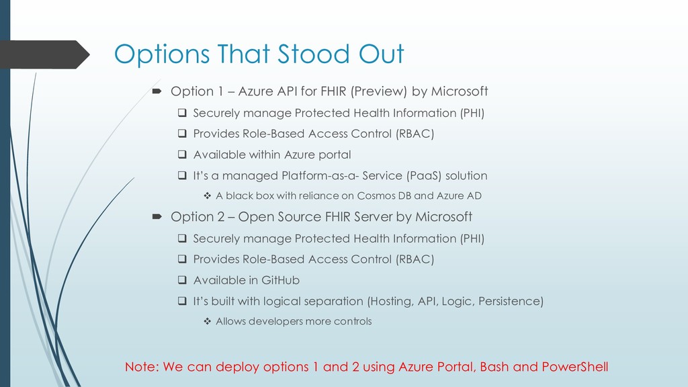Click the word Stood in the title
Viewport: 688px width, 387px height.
point(314,54)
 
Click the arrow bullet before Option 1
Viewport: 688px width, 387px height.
point(157,91)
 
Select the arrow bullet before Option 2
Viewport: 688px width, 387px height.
point(157,217)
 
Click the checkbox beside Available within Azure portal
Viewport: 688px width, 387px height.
point(182,155)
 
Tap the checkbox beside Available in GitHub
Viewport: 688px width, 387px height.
point(182,280)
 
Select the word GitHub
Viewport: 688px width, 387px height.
point(280,280)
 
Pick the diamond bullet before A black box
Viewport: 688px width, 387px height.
point(207,196)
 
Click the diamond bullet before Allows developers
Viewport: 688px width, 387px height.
point(207,321)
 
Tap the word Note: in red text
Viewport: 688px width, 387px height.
point(142,367)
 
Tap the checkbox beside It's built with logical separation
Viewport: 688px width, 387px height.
point(182,301)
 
